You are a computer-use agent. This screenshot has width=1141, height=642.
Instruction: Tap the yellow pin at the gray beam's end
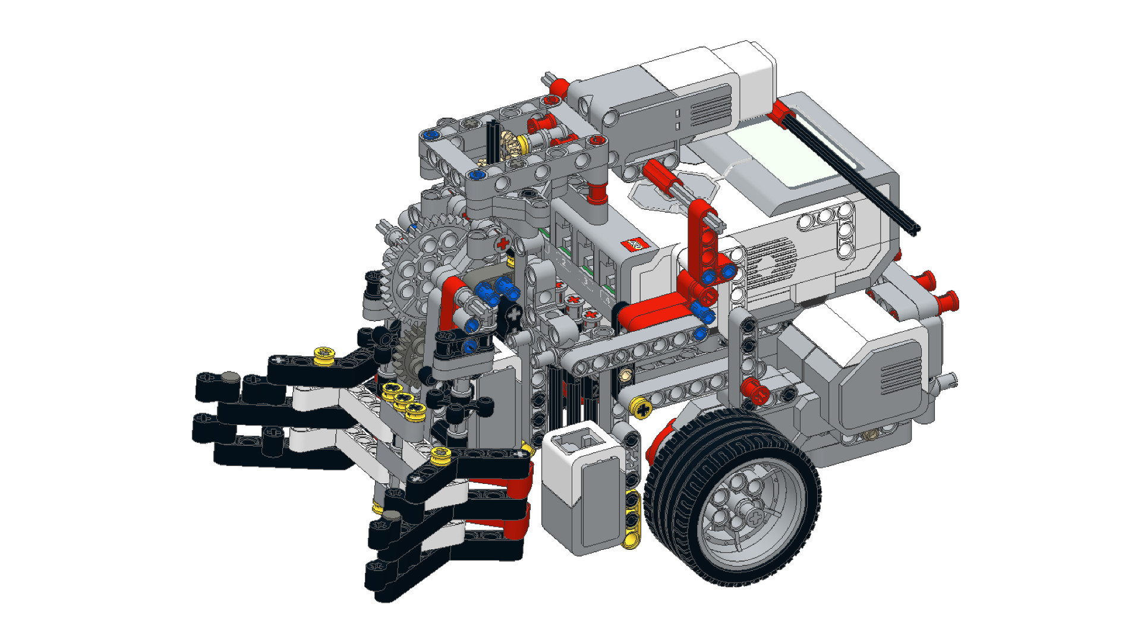[641, 408]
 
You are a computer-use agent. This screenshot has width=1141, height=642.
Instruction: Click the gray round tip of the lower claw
[392, 516]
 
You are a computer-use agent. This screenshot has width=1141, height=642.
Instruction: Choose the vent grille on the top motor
[710, 110]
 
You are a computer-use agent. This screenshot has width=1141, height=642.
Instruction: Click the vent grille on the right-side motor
[900, 369]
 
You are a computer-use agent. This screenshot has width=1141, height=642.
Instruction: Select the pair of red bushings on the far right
[939, 291]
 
